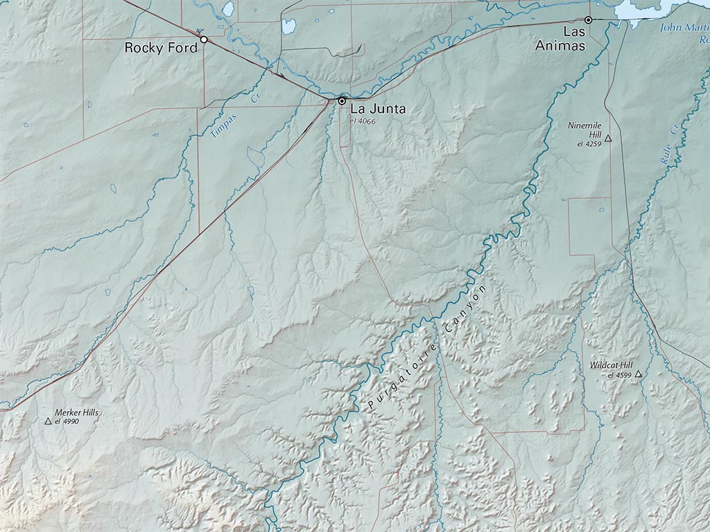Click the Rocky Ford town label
point(161,48)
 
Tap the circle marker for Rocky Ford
point(204,39)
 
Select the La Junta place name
point(378,109)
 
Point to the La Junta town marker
point(342,100)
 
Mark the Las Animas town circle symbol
point(588,20)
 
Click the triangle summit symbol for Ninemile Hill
point(608,139)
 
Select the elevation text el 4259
point(589,144)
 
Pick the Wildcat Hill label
point(611,365)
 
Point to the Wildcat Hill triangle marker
point(638,374)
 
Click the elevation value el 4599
point(619,375)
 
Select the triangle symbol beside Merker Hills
point(48,420)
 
